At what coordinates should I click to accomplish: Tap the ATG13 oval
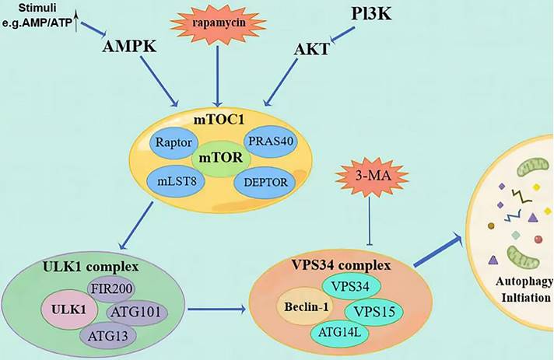click(x=107, y=336)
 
